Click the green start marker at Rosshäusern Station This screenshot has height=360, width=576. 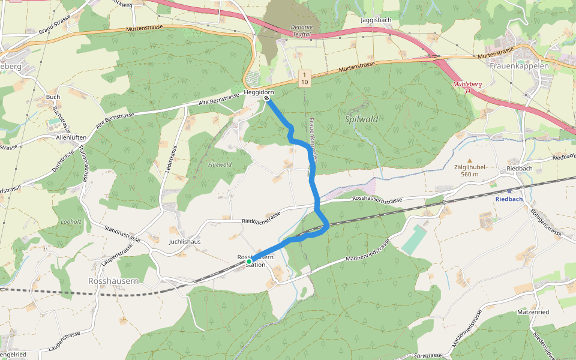249,262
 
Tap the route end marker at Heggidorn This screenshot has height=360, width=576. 266,98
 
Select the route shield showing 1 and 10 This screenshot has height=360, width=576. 305,77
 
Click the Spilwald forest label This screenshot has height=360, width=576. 362,119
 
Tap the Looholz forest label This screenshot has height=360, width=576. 71,221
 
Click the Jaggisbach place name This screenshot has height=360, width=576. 376,20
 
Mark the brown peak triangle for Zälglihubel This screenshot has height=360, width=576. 469,160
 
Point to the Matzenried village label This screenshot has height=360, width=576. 533,313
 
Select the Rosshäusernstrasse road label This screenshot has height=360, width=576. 377,199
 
